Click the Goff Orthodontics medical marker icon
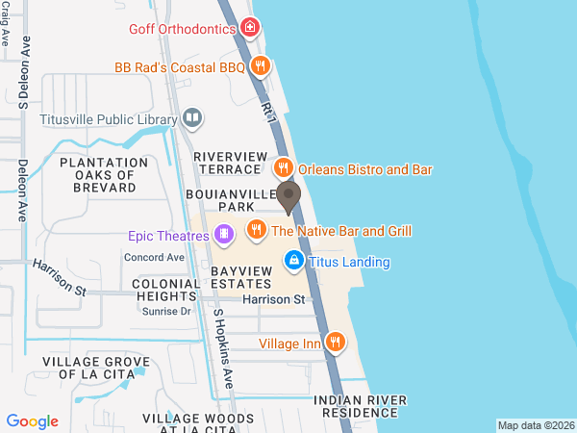(250, 28)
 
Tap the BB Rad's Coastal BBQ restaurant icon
(260, 66)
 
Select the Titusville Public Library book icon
(192, 118)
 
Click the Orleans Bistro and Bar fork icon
(283, 168)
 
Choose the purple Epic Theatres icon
(223, 234)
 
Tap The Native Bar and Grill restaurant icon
(256, 230)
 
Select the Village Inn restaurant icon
(336, 342)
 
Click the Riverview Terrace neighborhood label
(227, 162)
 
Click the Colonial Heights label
(166, 291)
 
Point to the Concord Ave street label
(154, 258)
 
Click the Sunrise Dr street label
(166, 312)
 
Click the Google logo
(32, 421)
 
